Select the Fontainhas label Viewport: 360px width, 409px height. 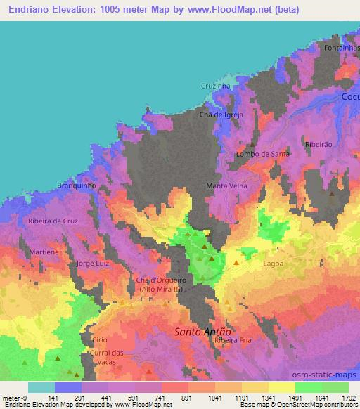[342, 48]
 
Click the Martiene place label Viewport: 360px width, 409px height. [44, 251]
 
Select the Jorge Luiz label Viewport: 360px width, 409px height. [94, 264]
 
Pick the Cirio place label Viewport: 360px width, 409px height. [99, 339]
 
